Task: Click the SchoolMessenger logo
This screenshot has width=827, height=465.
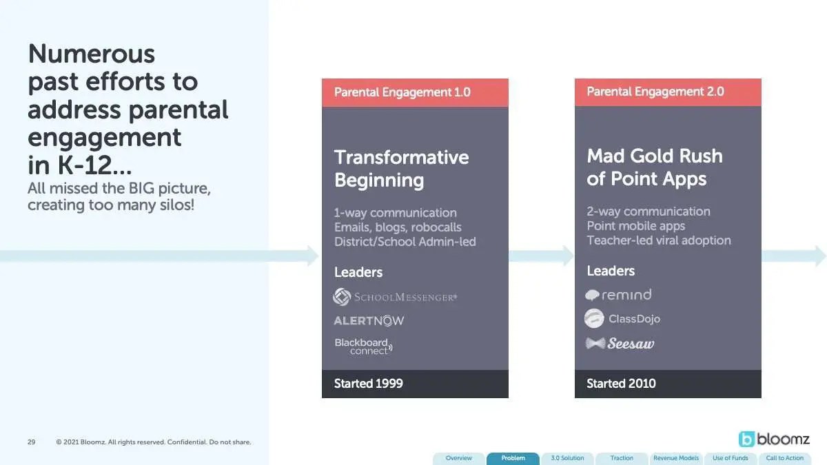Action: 395,297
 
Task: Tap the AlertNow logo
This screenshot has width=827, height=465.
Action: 369,320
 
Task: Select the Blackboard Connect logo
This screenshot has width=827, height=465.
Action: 364,347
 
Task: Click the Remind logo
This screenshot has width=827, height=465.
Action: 618,295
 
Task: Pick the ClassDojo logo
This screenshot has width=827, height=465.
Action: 622,318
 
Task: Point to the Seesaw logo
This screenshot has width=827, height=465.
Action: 620,344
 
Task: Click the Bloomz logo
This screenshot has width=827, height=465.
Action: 774,440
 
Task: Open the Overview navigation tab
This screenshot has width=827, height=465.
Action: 458,458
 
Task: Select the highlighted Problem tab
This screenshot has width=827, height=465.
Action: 513,458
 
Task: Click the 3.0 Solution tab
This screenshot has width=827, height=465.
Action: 567,458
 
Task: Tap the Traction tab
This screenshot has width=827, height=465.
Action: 622,458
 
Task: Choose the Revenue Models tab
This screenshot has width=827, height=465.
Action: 676,458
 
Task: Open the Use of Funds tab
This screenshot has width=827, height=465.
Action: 731,458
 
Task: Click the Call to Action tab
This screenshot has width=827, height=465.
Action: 784,458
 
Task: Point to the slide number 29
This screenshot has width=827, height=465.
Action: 32,442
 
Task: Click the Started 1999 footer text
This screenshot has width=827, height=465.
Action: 369,384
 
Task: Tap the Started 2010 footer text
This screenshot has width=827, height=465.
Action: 622,384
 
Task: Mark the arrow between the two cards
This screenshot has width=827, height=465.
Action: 541,256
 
